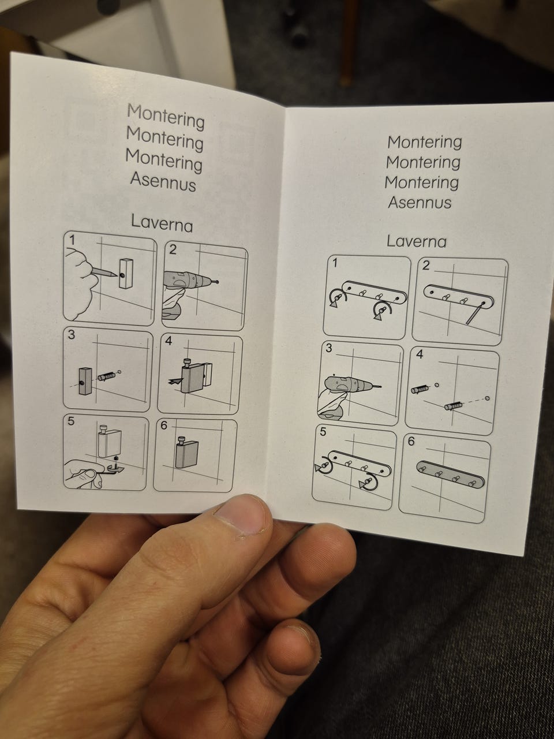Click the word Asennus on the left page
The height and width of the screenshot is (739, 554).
(163, 182)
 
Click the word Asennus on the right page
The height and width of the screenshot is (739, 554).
(420, 203)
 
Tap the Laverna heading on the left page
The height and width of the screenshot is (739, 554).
(162, 223)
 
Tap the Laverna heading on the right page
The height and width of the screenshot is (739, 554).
(417, 241)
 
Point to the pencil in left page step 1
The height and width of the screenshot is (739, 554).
(104, 272)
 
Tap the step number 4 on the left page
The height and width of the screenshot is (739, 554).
(169, 341)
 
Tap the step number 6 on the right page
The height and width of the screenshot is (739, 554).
(411, 442)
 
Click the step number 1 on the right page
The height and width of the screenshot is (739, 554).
(335, 263)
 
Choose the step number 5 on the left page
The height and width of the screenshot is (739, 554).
(70, 421)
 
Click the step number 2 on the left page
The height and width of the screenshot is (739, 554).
(173, 249)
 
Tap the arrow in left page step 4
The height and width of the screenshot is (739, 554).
(175, 381)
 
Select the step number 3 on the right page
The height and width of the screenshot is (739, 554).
(329, 348)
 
